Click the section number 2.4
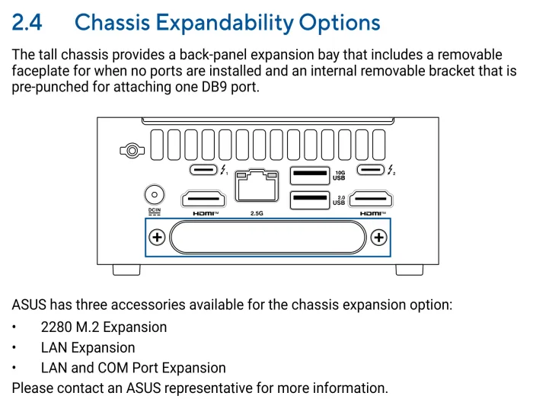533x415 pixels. pos(27,22)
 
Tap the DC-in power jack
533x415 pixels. pos(155,194)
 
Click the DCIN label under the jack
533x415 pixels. pos(155,210)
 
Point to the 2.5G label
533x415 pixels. pos(257,213)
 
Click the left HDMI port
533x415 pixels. pos(203,200)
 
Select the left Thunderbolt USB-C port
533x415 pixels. pos(203,171)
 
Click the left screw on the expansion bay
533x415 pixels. pos(157,238)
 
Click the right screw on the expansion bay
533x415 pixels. pos(378,238)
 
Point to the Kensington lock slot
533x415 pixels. pos(132,151)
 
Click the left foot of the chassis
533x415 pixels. pos(126,270)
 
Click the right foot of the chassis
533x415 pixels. pos(409,270)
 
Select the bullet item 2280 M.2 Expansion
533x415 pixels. pos(104,327)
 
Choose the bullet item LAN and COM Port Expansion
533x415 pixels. pos(133,369)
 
